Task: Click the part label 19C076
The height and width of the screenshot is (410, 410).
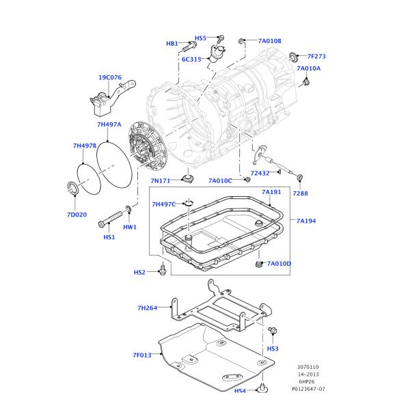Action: pyautogui.click(x=109, y=78)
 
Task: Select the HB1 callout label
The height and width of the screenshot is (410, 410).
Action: pyautogui.click(x=172, y=44)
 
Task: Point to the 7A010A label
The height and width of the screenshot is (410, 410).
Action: pyautogui.click(x=308, y=68)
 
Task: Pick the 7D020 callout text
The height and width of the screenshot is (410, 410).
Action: pyautogui.click(x=77, y=215)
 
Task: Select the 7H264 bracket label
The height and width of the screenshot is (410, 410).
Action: pyautogui.click(x=147, y=308)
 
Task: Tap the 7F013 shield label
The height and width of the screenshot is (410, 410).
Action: pyautogui.click(x=142, y=355)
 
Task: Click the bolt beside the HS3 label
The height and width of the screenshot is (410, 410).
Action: pyautogui.click(x=273, y=332)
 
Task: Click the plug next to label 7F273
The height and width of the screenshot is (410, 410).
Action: pyautogui.click(x=293, y=57)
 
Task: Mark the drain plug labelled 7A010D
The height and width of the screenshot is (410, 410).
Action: pyautogui.click(x=258, y=263)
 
